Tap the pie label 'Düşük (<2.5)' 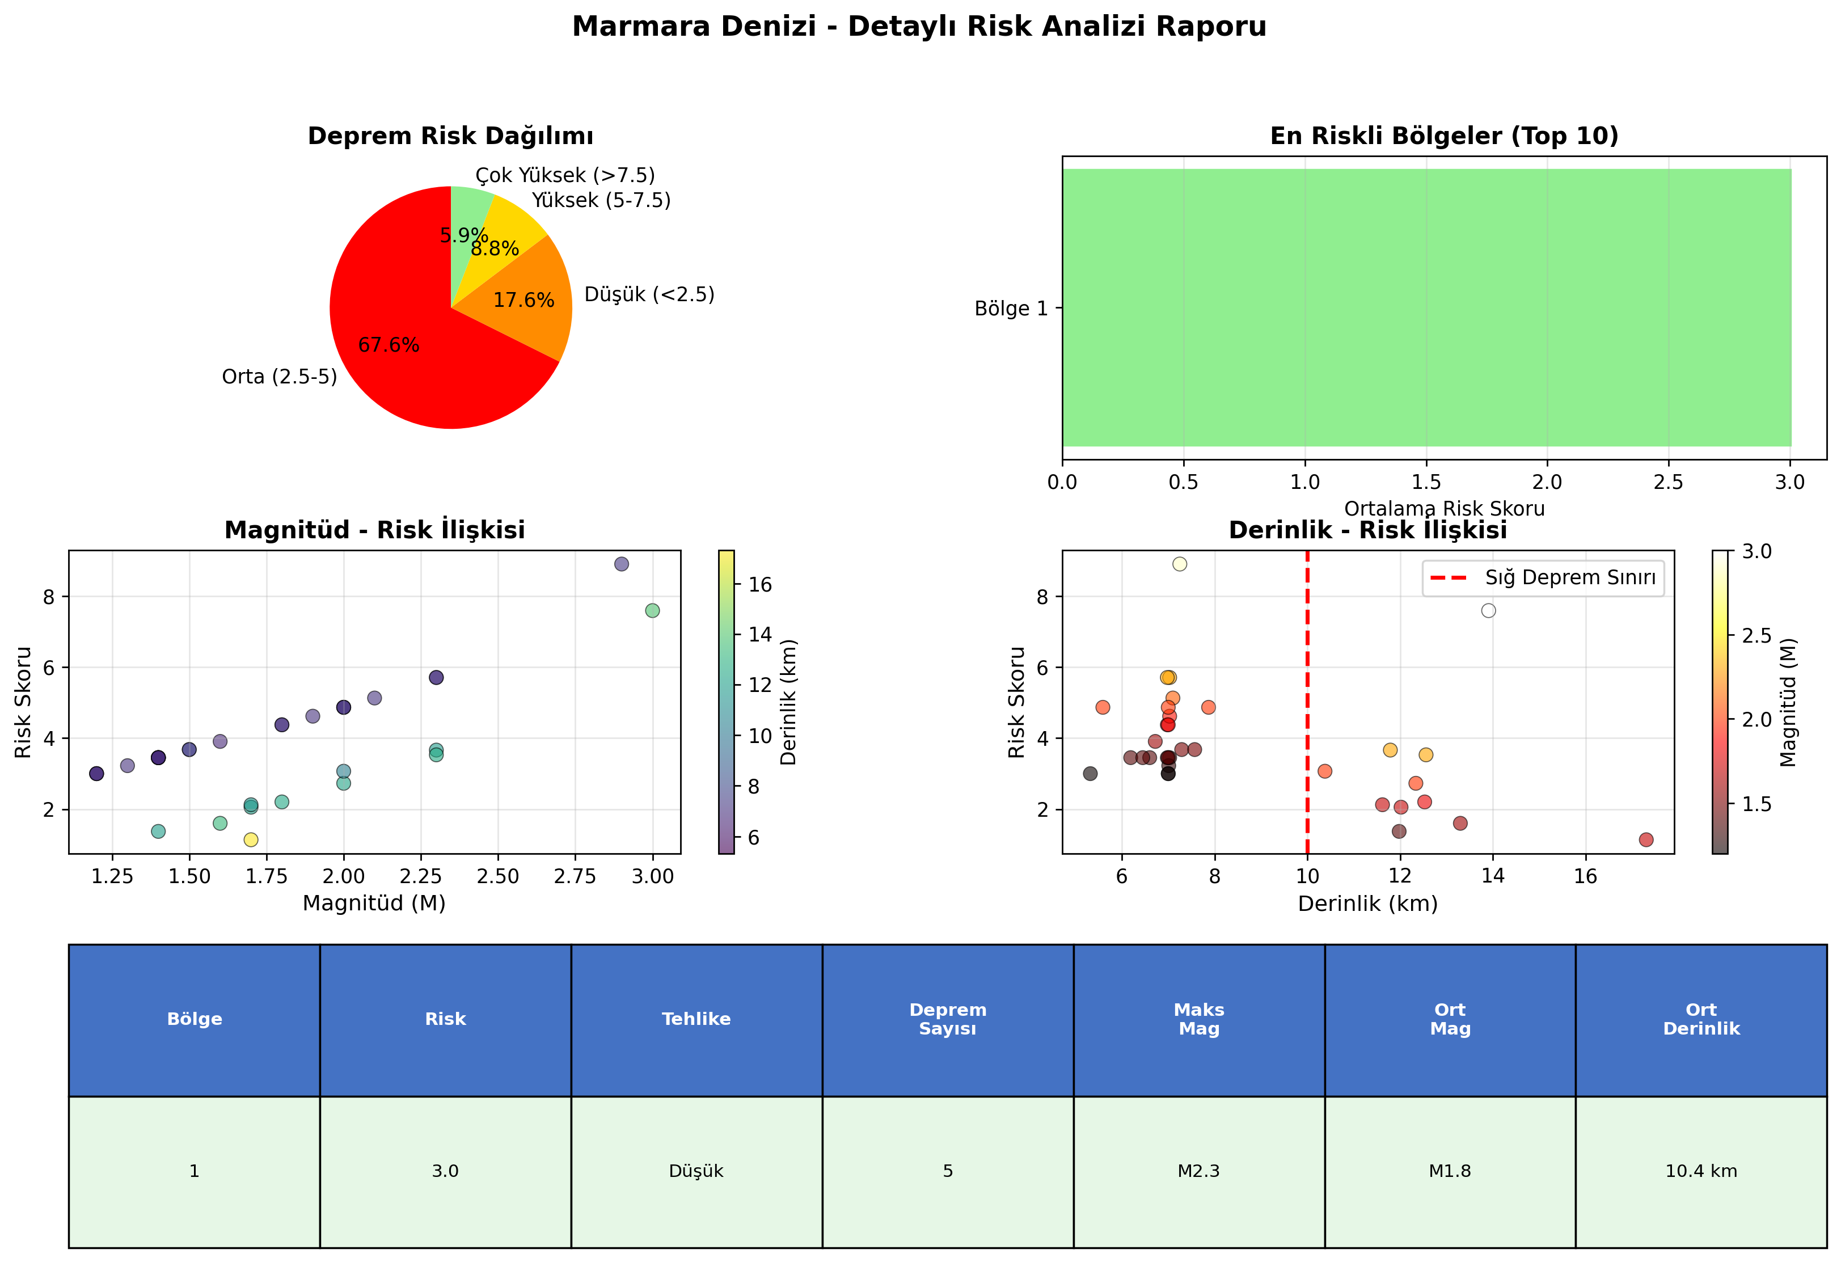tap(649, 295)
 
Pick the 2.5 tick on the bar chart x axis tap(1669, 482)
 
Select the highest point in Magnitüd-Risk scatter tap(622, 564)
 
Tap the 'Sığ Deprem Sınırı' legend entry tap(1543, 577)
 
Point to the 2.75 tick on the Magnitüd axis tap(575, 876)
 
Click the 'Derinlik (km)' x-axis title tap(1367, 904)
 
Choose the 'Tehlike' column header tap(696, 1020)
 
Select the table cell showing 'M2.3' tap(1198, 1171)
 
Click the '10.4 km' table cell tap(1701, 1171)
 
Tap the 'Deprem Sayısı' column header tap(947, 1020)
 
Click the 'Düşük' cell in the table tap(696, 1171)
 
